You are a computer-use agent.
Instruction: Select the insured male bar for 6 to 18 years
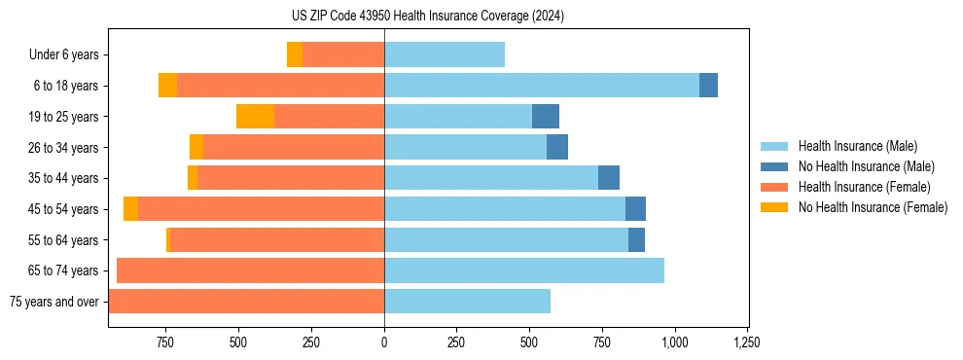(541, 86)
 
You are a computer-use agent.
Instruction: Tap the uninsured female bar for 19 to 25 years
(255, 117)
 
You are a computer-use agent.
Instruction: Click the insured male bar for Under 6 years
(444, 54)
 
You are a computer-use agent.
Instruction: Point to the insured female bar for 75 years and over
(246, 302)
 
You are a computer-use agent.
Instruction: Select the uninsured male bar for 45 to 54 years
(635, 209)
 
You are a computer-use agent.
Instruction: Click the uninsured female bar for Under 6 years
(294, 54)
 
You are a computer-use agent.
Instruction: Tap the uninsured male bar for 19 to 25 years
(546, 117)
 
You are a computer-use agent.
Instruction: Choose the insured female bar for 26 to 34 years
(293, 147)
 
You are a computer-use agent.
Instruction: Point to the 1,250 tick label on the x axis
(747, 342)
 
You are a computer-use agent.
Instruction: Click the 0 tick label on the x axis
(384, 342)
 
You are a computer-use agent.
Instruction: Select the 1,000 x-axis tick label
(674, 342)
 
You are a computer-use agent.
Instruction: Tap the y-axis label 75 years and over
(53, 302)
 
